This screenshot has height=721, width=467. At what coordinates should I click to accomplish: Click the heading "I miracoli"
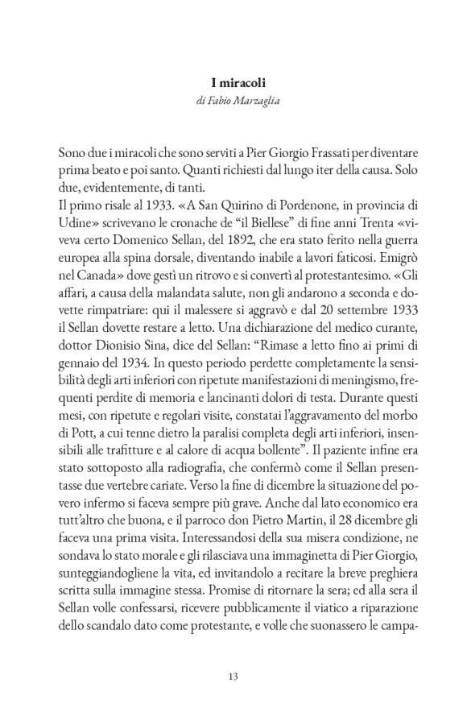tap(233, 81)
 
